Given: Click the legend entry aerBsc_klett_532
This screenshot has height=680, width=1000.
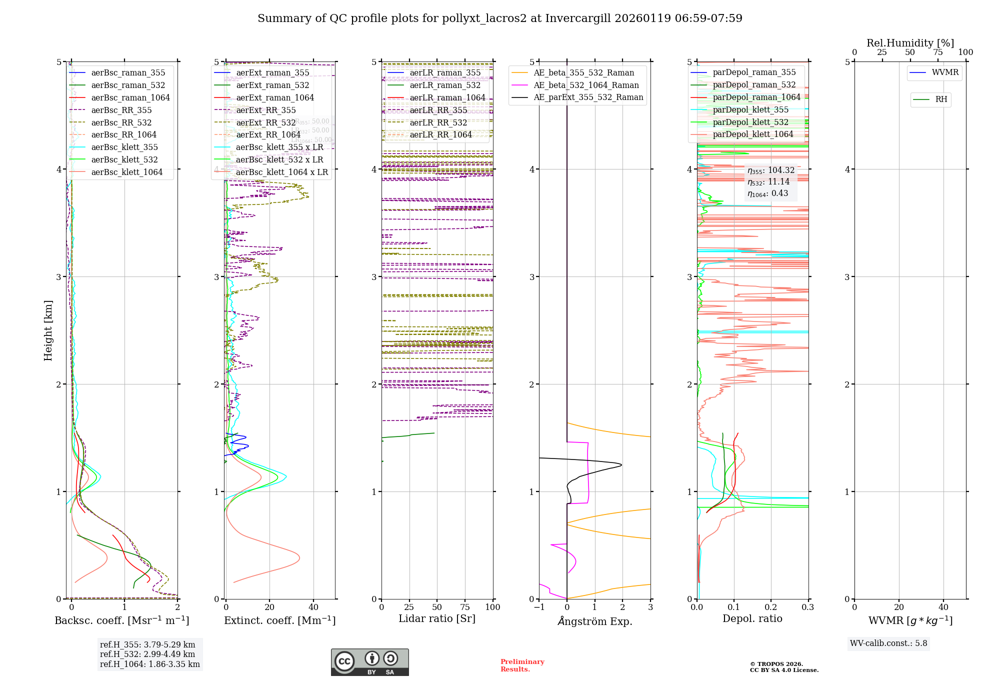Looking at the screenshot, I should (x=124, y=160).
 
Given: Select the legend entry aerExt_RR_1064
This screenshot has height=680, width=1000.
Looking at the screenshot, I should (x=268, y=135).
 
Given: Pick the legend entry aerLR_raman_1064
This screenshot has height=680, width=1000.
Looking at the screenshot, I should (x=447, y=98).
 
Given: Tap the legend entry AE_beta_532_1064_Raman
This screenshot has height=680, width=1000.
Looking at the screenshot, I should (x=586, y=85).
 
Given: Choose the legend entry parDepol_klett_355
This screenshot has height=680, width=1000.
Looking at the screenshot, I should (x=750, y=110).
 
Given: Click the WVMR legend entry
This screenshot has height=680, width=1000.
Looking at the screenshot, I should (x=945, y=72).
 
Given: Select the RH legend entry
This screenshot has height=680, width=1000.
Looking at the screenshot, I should (x=941, y=99).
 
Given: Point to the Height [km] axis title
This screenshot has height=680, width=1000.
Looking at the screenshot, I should (x=48, y=330).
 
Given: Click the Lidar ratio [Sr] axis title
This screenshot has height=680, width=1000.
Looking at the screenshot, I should (x=436, y=618).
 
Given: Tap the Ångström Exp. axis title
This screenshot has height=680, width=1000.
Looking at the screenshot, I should (x=594, y=621).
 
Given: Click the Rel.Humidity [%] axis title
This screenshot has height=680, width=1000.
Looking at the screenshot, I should (x=910, y=43).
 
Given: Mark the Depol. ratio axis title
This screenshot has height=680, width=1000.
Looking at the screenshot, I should (x=752, y=618).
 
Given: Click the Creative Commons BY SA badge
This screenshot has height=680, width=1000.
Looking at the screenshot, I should (x=369, y=662).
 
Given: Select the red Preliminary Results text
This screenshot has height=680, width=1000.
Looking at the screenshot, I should (x=522, y=665).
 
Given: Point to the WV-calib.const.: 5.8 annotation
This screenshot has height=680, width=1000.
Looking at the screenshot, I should (x=888, y=643).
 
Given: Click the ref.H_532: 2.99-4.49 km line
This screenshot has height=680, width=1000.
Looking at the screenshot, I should (x=147, y=654).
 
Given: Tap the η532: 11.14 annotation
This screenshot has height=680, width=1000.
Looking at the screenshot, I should (x=768, y=182).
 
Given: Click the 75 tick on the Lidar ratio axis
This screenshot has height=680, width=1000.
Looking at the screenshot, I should (x=465, y=607).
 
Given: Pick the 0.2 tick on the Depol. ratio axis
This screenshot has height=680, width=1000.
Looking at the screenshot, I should (x=771, y=607).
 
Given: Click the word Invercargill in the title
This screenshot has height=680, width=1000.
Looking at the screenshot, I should (x=578, y=18).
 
